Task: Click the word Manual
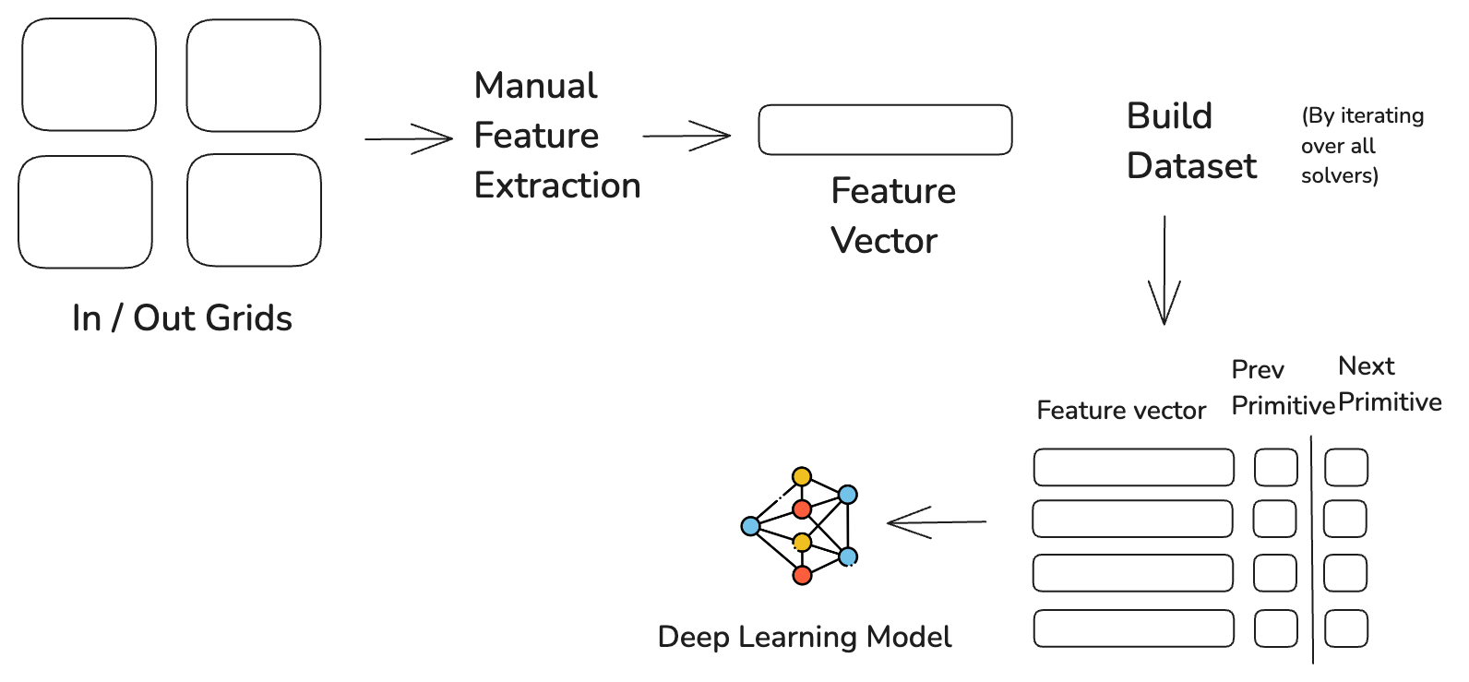tap(536, 87)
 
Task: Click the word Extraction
tap(557, 186)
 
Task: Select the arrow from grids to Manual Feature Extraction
tap(408, 139)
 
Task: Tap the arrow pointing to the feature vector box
tap(687, 137)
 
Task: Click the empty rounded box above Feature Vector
tap(884, 130)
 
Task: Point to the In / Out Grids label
tap(182, 319)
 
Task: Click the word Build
tap(1169, 117)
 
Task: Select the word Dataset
tap(1191, 167)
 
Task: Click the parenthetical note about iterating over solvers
tap(1361, 146)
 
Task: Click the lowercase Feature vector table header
tap(1120, 411)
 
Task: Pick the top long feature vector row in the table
tap(1133, 468)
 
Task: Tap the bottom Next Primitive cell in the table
tap(1345, 629)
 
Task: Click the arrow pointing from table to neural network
tap(936, 522)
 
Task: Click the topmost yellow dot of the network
tap(802, 477)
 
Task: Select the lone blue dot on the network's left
tap(750, 526)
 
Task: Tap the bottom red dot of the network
tap(802, 576)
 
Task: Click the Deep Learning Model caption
tap(804, 638)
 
